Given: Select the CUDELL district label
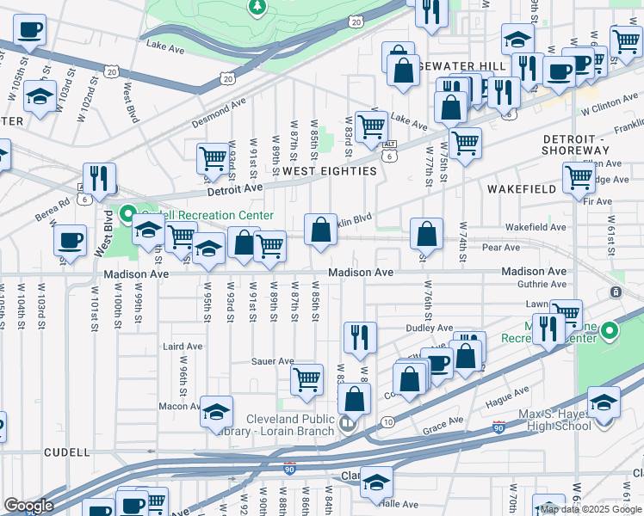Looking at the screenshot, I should tap(66, 451).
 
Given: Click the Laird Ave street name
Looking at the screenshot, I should tap(182, 347).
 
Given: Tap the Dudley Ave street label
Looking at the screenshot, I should tap(430, 328).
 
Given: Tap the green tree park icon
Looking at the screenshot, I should tap(256, 8).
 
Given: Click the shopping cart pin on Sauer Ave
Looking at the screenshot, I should tap(307, 379).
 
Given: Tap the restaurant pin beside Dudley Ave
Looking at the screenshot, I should tap(359, 336).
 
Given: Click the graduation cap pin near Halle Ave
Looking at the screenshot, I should tap(376, 483).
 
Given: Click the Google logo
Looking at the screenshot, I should tap(28, 506).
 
